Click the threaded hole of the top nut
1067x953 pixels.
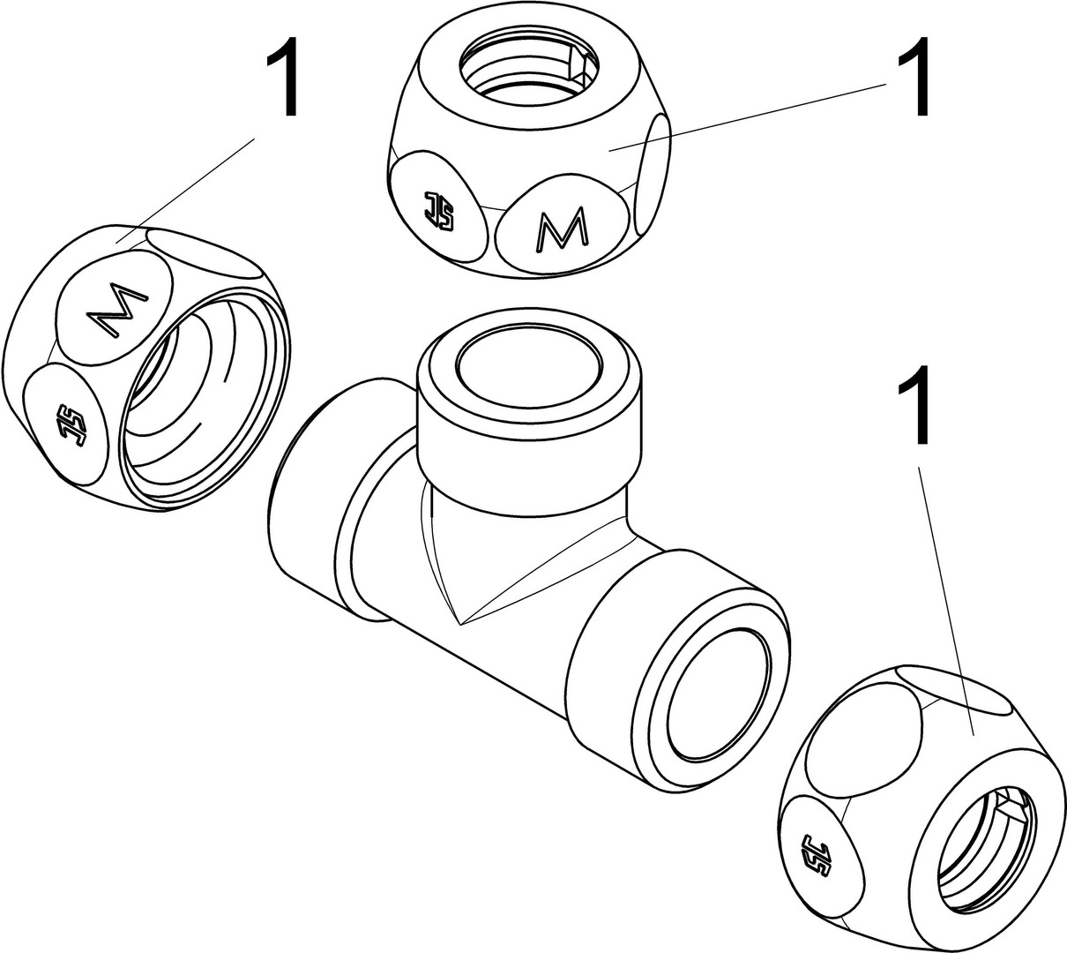527,71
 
